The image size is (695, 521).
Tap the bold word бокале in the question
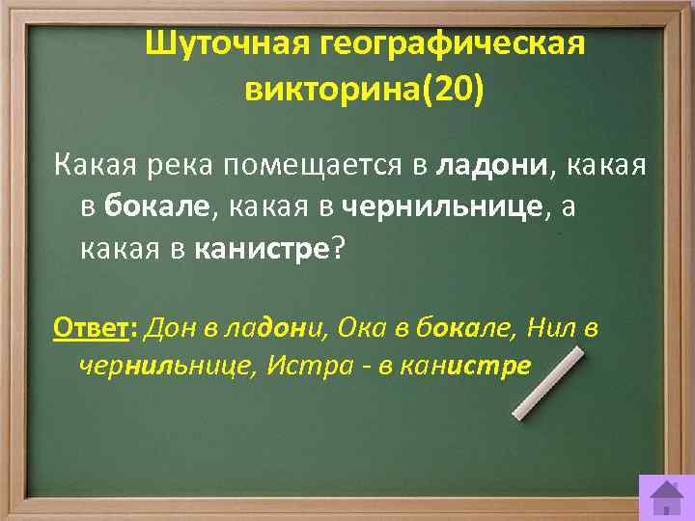(155, 207)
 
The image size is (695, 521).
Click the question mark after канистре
(337, 248)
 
